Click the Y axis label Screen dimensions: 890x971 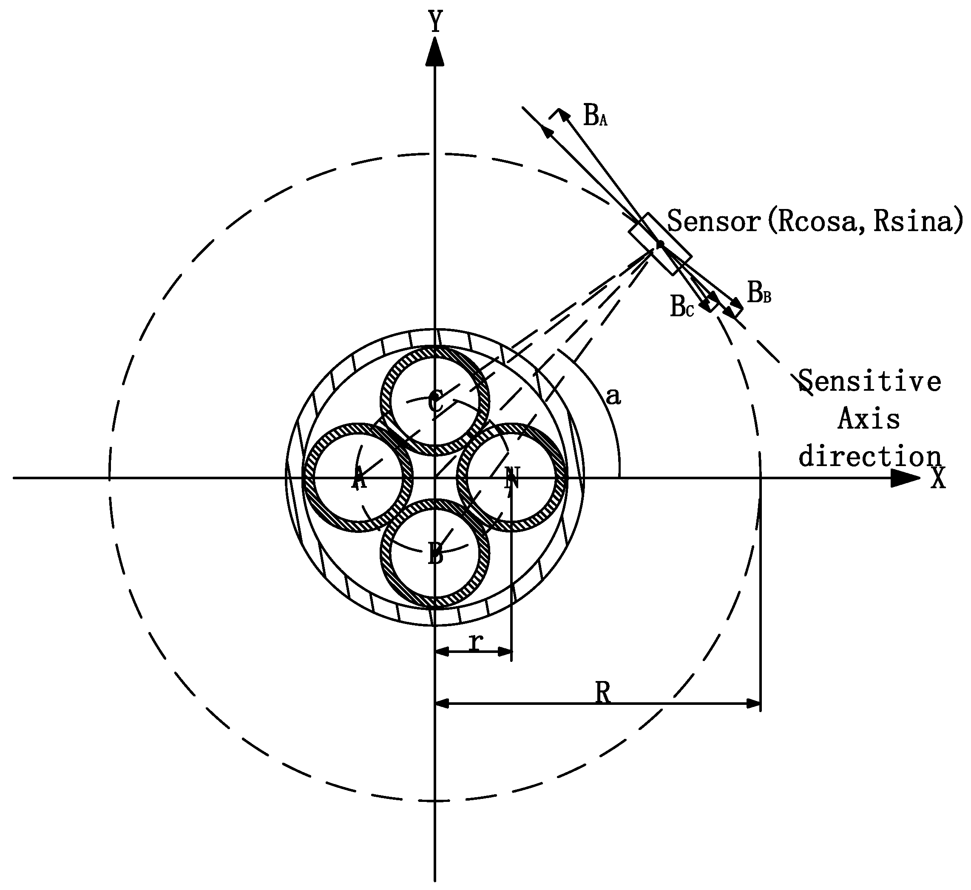[436, 22]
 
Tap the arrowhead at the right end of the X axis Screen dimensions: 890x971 [905, 478]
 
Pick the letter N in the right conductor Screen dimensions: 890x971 [512, 478]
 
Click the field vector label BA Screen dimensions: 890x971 [595, 116]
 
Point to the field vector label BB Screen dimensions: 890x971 [758, 293]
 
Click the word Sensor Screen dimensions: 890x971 [713, 222]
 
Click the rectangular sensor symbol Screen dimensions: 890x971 [660, 244]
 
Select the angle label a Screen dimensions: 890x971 [613, 396]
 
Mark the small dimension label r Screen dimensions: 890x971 [476, 642]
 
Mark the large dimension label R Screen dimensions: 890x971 [602, 693]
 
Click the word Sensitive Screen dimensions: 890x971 [869, 381]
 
